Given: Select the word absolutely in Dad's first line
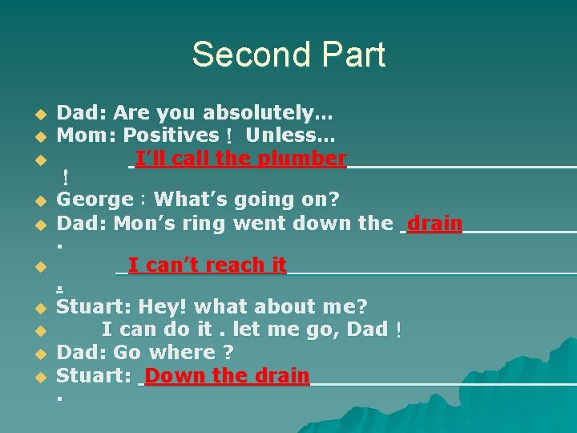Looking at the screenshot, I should pyautogui.click(x=261, y=113).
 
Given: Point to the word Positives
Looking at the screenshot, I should pyautogui.click(x=171, y=136).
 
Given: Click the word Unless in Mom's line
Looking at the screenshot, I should pyautogui.click(x=290, y=136).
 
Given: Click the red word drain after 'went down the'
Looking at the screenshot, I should pyautogui.click(x=434, y=223).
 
